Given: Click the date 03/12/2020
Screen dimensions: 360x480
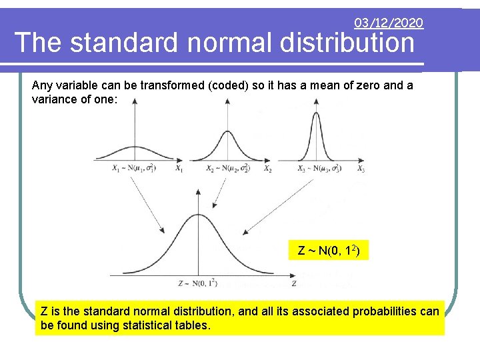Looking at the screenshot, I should coord(389,23).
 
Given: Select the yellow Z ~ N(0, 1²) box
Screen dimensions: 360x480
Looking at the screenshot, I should coord(329,251).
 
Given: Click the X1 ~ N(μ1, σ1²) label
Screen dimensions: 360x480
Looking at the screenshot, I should coord(135,169).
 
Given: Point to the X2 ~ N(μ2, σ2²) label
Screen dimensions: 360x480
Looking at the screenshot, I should coord(228,169).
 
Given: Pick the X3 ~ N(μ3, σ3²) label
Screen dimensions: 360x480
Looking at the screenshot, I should coord(319,169).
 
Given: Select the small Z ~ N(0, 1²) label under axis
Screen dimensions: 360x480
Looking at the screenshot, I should coord(197,283).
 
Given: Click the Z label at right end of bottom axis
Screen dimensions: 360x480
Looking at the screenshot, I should coord(294,283).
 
